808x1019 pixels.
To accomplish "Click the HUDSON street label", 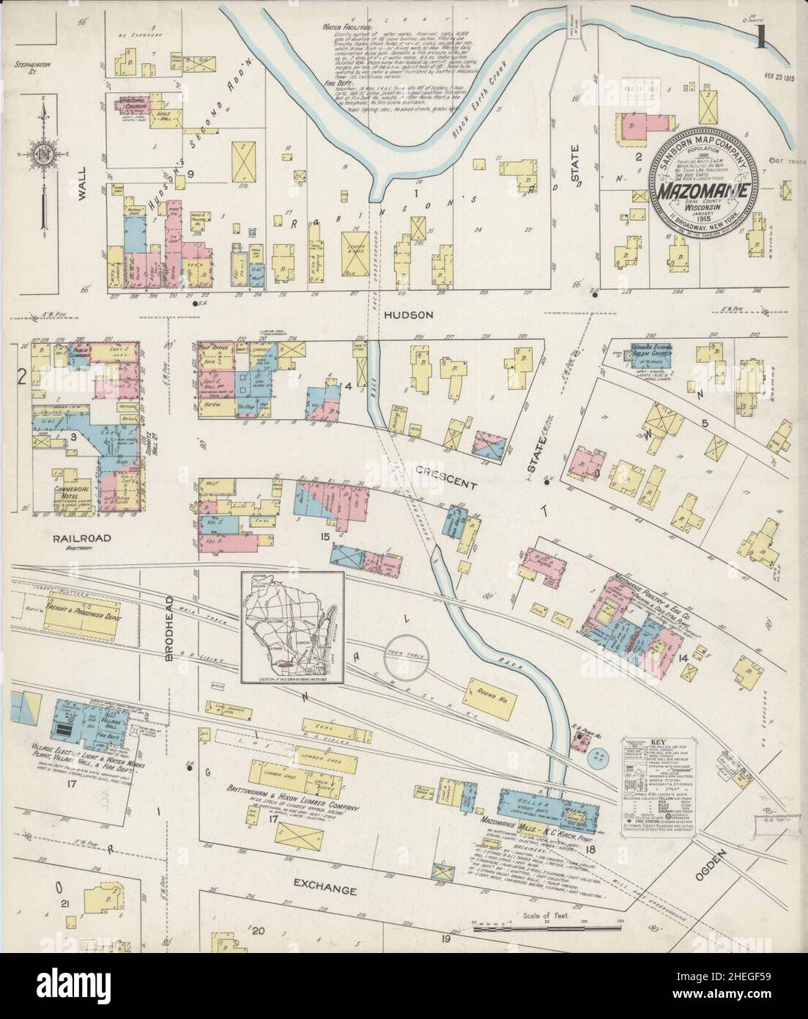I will tap(407, 314).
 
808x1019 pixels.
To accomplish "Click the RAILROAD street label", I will tap(81, 538).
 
